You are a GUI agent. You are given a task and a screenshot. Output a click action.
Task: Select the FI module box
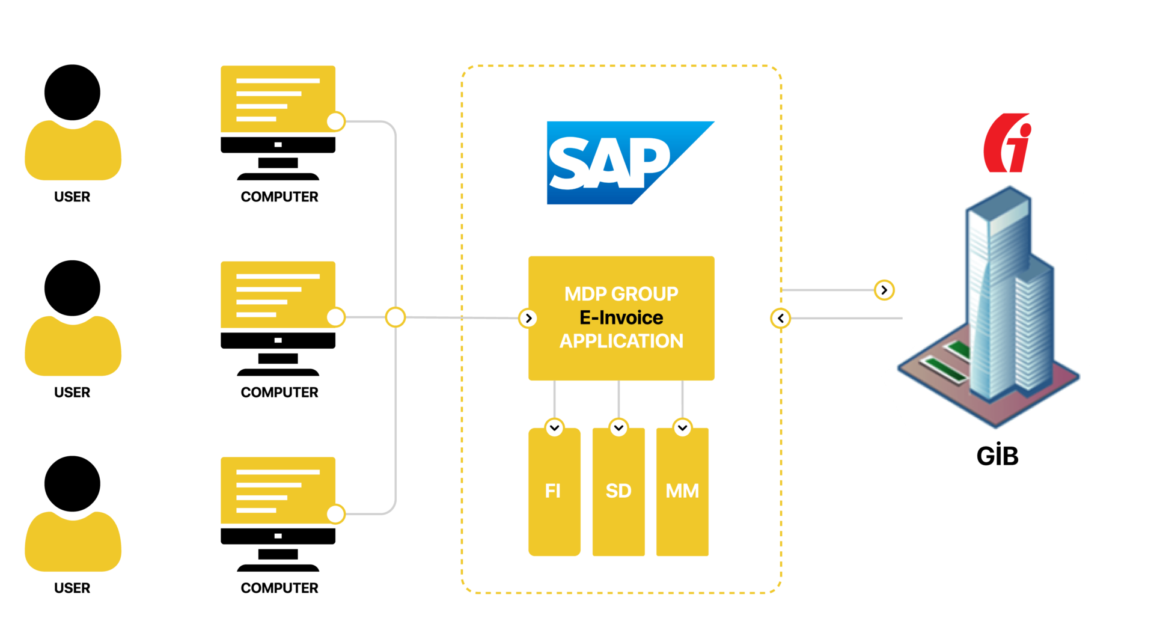click(554, 492)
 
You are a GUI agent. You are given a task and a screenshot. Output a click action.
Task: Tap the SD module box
click(618, 492)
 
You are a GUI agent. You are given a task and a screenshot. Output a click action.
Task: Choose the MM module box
click(682, 492)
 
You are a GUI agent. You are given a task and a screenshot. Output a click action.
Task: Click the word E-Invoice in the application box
click(621, 317)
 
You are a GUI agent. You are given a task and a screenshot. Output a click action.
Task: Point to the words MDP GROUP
click(621, 294)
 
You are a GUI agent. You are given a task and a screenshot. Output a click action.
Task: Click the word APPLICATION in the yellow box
click(621, 341)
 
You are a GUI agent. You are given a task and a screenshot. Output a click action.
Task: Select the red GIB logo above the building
click(1008, 143)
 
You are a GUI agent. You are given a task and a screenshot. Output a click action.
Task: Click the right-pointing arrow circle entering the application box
click(528, 318)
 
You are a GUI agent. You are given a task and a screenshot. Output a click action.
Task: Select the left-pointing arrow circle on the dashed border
click(780, 318)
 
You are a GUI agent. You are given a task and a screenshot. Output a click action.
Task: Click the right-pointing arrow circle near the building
click(884, 290)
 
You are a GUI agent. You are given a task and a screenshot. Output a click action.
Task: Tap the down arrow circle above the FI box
click(554, 427)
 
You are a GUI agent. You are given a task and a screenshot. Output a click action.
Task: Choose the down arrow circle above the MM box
click(682, 427)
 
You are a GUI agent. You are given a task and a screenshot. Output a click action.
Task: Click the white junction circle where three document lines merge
click(395, 317)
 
